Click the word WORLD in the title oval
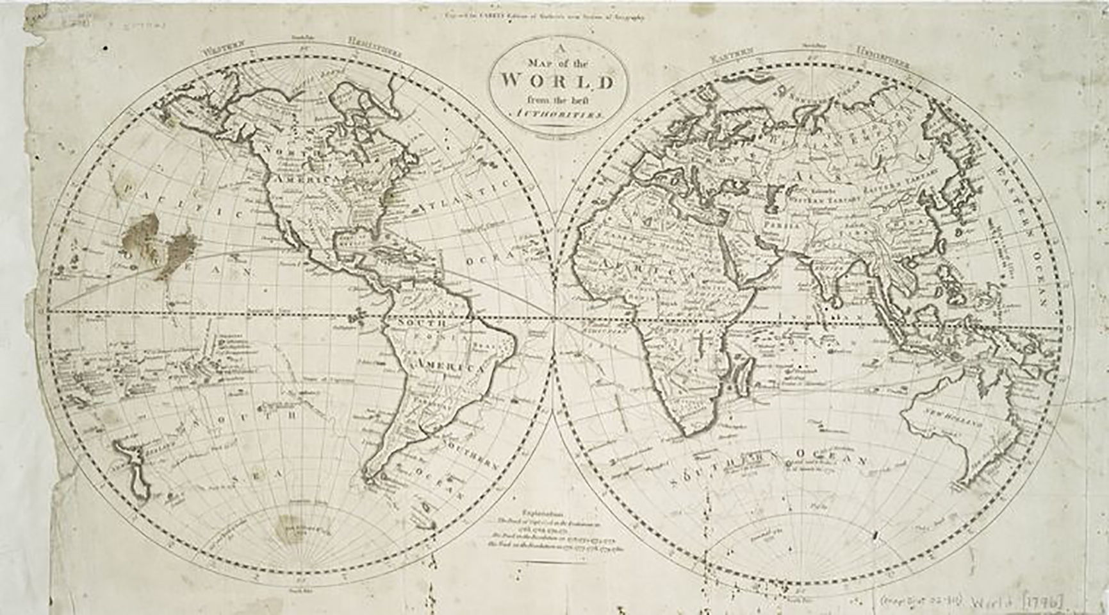(557, 81)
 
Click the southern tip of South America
(370, 476)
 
